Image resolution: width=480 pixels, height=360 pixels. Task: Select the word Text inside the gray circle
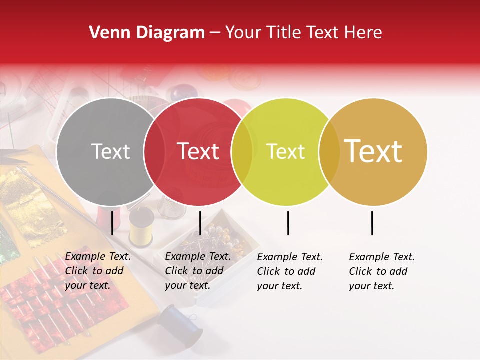110,151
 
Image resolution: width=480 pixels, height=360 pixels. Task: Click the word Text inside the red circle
198,151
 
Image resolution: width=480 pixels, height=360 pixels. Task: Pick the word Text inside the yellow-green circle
286,151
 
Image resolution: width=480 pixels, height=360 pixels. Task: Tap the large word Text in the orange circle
373,151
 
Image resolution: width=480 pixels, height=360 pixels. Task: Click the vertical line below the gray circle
112,223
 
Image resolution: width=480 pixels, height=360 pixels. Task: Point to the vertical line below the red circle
200,223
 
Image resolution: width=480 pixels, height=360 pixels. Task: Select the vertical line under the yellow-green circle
288,223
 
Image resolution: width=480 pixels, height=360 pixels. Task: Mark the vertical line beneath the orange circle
372,223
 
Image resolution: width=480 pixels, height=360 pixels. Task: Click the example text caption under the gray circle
97,271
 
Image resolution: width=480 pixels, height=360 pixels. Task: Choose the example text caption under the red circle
197,271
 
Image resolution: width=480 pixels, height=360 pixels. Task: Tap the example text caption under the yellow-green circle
289,271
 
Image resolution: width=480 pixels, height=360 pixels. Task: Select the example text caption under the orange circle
381,271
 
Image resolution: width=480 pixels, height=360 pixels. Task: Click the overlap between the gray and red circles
154,152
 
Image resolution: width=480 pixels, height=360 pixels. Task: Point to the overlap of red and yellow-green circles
242,152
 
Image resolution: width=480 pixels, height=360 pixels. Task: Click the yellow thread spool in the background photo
141,228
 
